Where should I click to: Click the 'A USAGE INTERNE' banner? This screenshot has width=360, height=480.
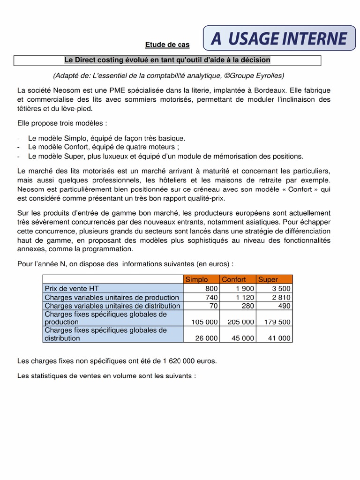point(279,38)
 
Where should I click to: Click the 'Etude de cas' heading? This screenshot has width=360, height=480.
point(167,45)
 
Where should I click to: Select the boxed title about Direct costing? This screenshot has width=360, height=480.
point(167,60)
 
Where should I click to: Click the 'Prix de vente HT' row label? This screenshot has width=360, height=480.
point(71,288)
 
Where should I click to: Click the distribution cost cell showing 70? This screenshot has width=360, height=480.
point(214,306)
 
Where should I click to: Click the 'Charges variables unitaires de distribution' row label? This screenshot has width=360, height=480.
point(112,306)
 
